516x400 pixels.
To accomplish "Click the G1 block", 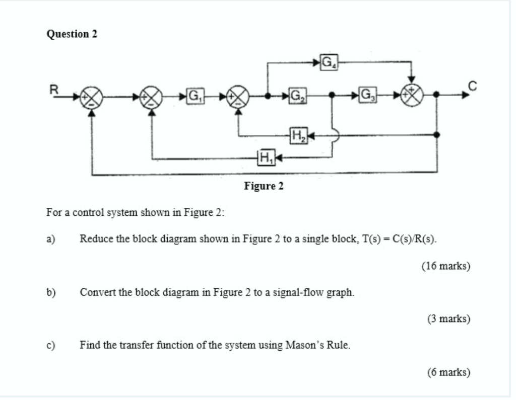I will [x=194, y=94].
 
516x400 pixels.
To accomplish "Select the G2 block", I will [x=297, y=94].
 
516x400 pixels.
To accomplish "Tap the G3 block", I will [x=366, y=94].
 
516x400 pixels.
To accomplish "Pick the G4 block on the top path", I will [x=329, y=62].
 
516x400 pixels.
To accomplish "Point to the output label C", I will [x=472, y=87].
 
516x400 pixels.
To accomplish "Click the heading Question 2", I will [x=72, y=34].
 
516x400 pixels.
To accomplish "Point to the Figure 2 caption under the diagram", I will [x=264, y=186].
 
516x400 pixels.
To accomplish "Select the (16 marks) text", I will [x=446, y=266].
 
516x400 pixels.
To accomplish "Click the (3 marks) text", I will [x=448, y=318].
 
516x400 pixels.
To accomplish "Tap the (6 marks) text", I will [x=448, y=372].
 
